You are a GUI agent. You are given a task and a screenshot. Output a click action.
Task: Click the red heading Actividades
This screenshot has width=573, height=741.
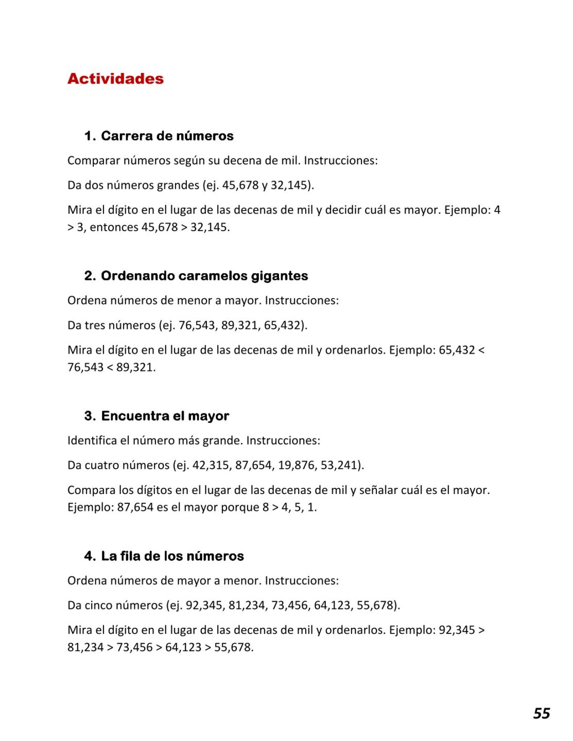(x=115, y=79)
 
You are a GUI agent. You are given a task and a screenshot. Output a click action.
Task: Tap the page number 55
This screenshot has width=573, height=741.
(x=541, y=713)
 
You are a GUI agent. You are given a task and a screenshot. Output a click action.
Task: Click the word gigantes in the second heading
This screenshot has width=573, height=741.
(x=280, y=276)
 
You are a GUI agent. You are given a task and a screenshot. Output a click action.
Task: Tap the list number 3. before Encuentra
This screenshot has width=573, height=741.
(x=90, y=416)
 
